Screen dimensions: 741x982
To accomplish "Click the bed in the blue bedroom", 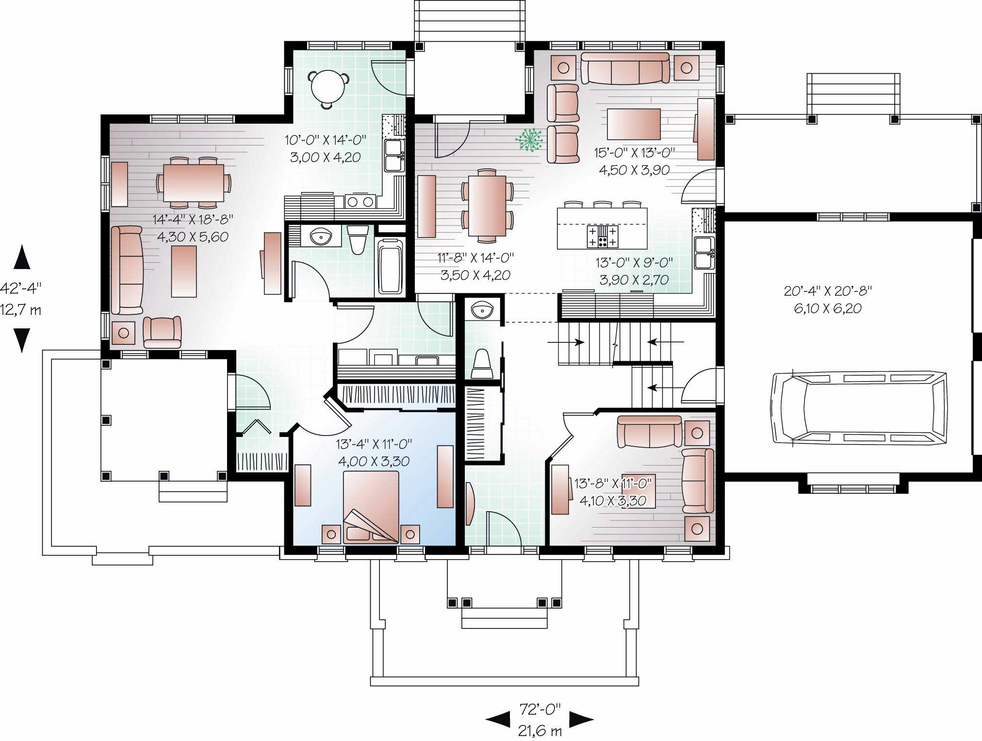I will (371, 507).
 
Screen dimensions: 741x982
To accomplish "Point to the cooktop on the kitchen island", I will (602, 236).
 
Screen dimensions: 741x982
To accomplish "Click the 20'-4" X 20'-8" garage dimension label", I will (828, 300).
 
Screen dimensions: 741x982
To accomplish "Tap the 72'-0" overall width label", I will (540, 709).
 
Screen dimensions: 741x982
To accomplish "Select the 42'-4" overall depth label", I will (21, 288).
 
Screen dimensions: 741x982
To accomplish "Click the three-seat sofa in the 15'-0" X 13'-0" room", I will (625, 68).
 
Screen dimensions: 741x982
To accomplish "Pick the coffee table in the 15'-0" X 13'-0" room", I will (633, 124).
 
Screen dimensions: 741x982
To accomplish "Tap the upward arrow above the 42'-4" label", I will (22, 258).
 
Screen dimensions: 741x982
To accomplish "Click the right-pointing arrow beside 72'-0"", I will (581, 719).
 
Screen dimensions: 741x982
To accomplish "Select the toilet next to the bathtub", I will (359, 240).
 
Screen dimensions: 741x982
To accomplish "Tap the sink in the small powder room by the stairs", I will (482, 309).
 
